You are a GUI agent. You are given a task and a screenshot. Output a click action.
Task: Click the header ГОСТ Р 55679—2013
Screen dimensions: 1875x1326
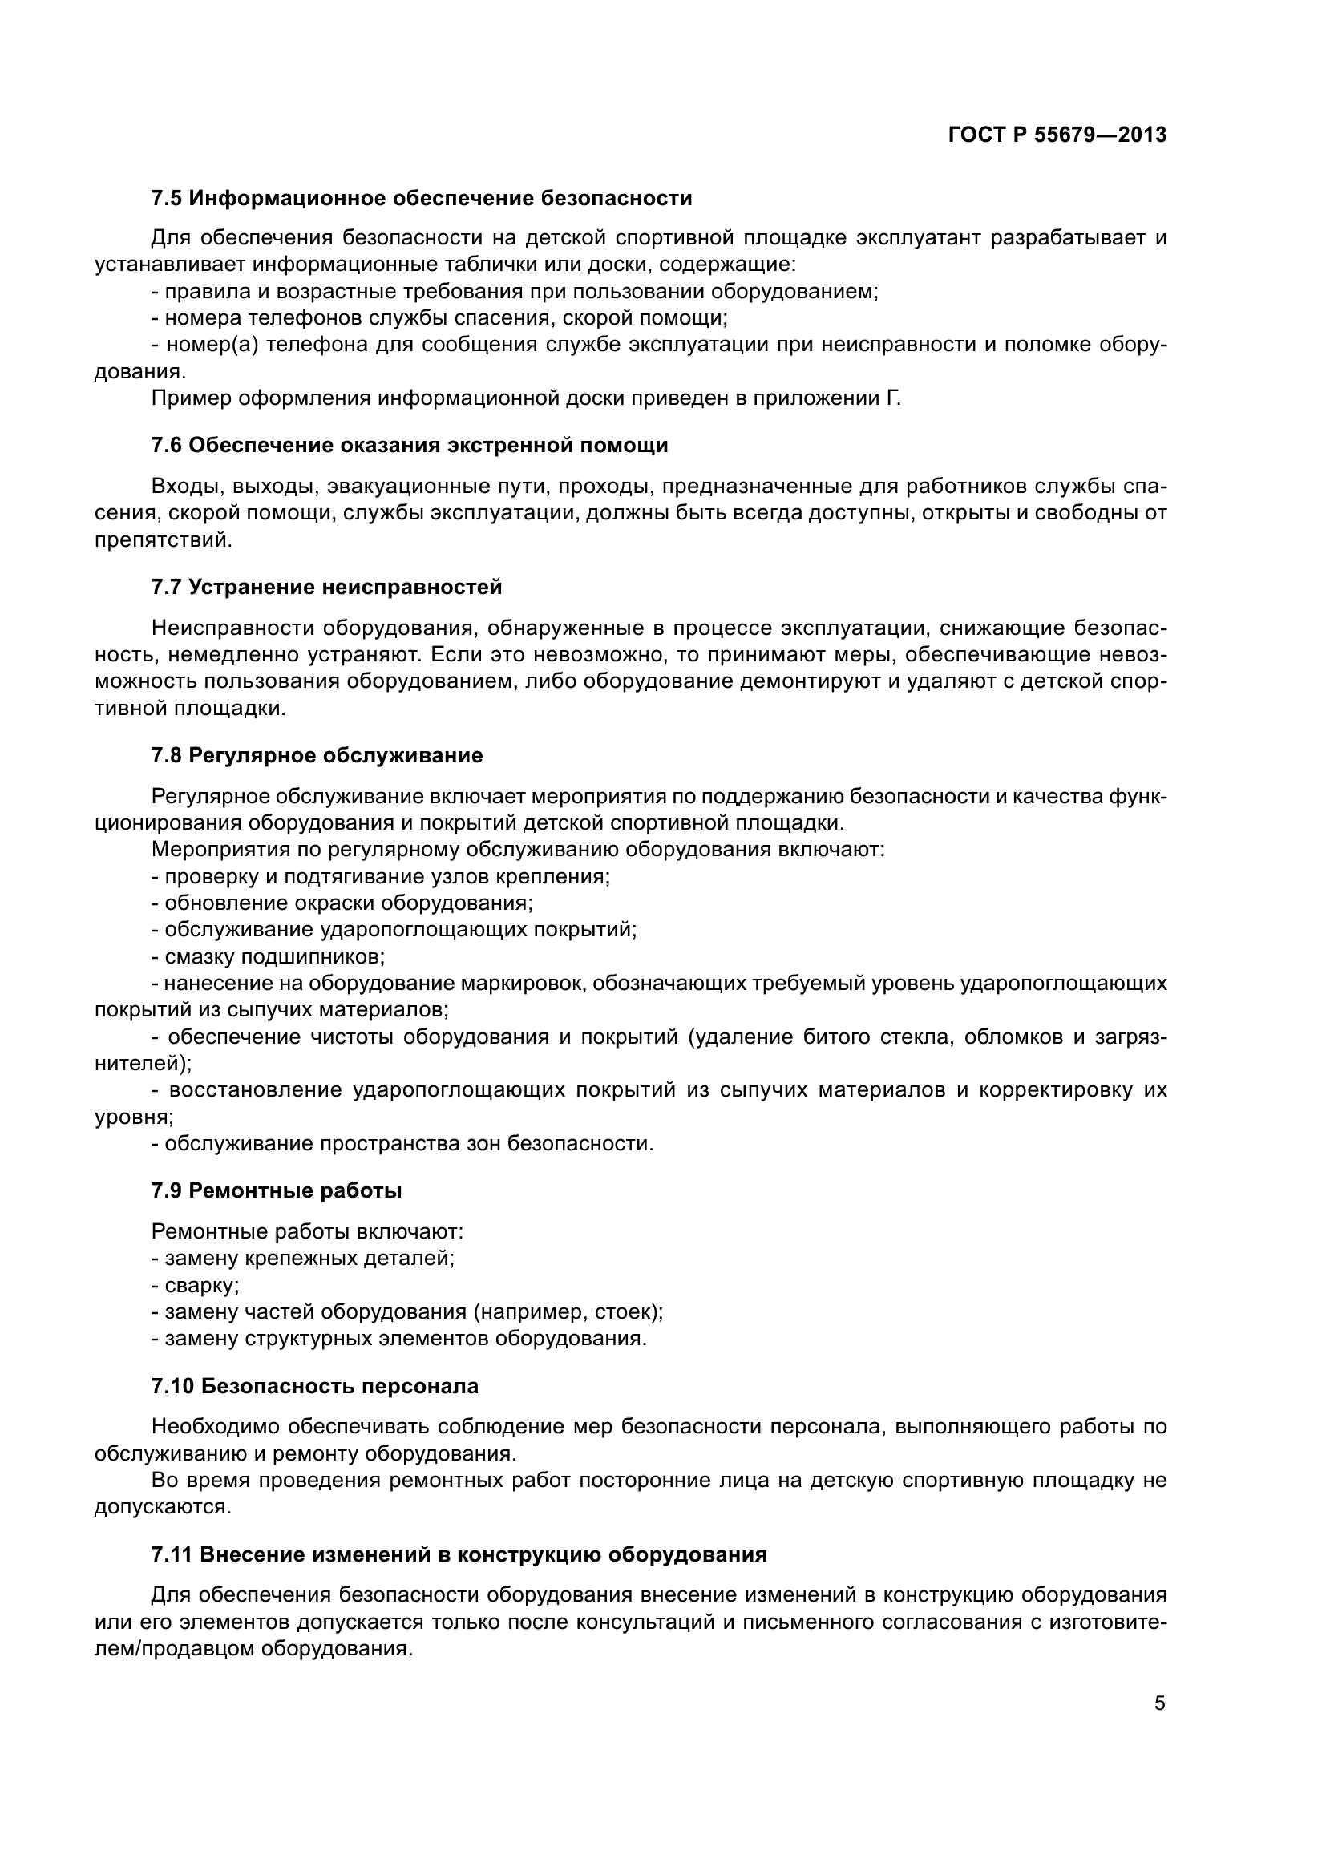coord(1057,135)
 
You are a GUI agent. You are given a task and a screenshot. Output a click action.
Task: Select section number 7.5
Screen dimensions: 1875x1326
coord(167,199)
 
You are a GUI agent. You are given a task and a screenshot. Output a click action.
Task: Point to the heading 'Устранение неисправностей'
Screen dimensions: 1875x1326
coord(346,586)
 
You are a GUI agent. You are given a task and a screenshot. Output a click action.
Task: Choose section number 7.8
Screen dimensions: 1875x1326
coord(167,755)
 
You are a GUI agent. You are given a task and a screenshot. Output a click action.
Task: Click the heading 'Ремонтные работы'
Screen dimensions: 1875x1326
coord(295,1190)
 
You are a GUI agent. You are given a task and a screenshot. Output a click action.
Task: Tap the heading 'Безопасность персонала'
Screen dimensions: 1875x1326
coord(339,1386)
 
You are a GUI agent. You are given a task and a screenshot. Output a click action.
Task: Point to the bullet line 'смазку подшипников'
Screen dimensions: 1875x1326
coord(269,956)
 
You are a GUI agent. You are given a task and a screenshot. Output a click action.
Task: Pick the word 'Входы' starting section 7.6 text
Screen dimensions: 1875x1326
coord(186,487)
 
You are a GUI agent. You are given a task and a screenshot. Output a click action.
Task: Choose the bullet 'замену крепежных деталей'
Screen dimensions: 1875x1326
coord(304,1259)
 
